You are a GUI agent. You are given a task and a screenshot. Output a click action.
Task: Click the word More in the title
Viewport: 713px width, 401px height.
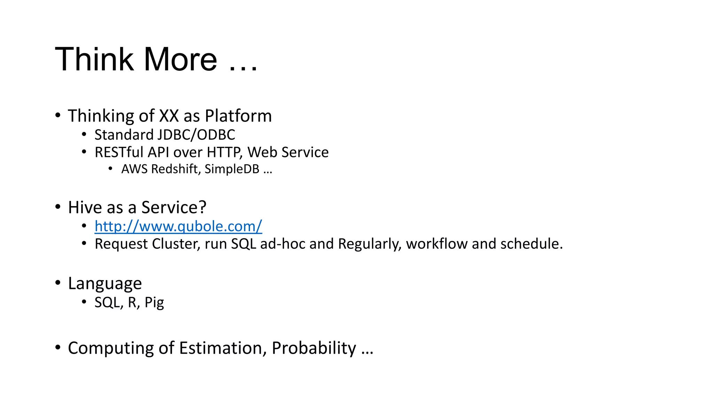click(x=180, y=59)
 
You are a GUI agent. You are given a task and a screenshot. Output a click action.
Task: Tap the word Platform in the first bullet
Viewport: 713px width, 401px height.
click(x=238, y=116)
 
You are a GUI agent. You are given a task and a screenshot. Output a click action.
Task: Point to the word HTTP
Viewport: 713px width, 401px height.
click(x=224, y=152)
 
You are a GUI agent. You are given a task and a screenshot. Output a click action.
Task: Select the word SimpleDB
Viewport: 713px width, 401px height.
click(x=232, y=169)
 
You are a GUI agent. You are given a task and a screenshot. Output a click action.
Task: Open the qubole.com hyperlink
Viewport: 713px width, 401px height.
click(x=178, y=227)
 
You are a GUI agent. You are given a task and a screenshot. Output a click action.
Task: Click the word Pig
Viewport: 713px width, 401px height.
click(x=154, y=302)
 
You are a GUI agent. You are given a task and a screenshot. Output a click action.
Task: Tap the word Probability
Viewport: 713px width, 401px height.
click(x=314, y=348)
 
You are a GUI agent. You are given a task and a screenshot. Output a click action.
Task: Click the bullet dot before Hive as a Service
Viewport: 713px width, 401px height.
click(x=58, y=207)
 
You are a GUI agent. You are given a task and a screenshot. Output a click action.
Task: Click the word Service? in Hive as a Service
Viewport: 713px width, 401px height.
click(x=174, y=207)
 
